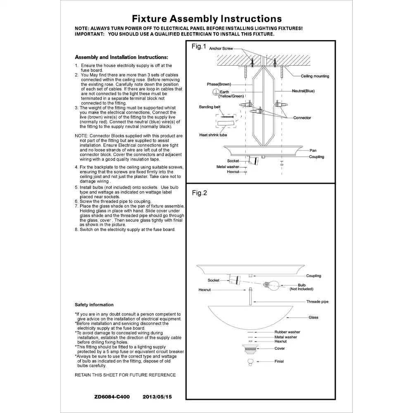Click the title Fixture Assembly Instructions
coord(207,19)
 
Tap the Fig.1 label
coord(199,47)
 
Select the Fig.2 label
coord(199,193)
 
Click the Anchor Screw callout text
coord(221,48)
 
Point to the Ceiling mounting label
coord(315,76)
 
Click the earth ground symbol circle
coord(216,92)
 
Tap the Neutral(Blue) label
coord(303,91)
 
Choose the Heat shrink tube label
coord(213,135)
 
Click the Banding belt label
coord(210,107)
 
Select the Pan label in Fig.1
coord(313,150)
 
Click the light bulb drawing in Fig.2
coord(271,285)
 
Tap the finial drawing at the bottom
coord(251,362)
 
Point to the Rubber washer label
coord(287,332)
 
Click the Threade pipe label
coord(317,301)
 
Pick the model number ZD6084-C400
coord(112,396)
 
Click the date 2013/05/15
coord(157,396)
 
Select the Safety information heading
coord(94,305)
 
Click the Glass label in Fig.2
coord(313,317)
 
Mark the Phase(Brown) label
coord(219,84)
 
